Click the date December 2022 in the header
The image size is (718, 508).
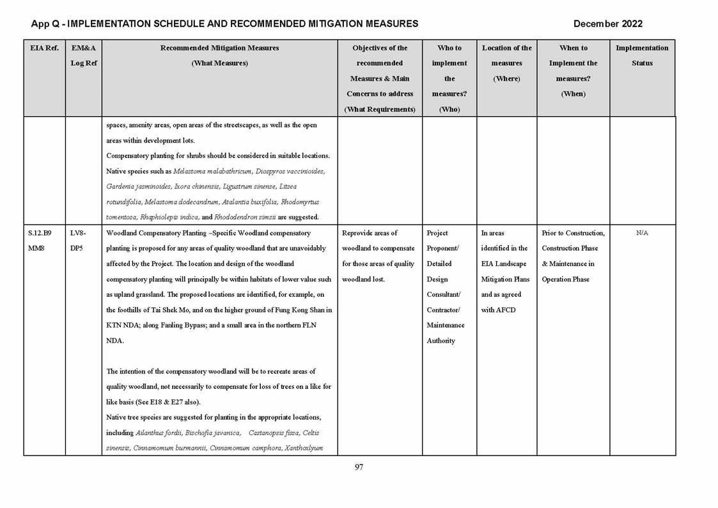pos(607,24)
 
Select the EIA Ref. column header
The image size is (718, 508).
pos(44,48)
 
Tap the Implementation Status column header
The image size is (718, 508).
pos(642,55)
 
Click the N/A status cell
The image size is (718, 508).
pos(642,233)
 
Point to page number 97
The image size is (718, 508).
pos(359,467)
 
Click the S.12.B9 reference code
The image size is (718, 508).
pos(40,233)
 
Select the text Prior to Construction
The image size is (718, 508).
pos(573,233)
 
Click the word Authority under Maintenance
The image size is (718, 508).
pos(441,340)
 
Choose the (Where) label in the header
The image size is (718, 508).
pos(506,79)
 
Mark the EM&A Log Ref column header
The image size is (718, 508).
pos(83,55)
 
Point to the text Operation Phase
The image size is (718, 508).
pos(565,279)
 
